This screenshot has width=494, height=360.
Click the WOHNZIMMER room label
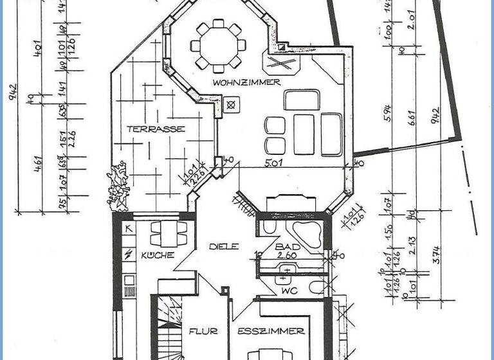246,82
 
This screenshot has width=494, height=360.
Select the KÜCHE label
158,255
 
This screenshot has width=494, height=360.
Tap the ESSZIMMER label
270,332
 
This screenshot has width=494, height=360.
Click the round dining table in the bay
219,46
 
